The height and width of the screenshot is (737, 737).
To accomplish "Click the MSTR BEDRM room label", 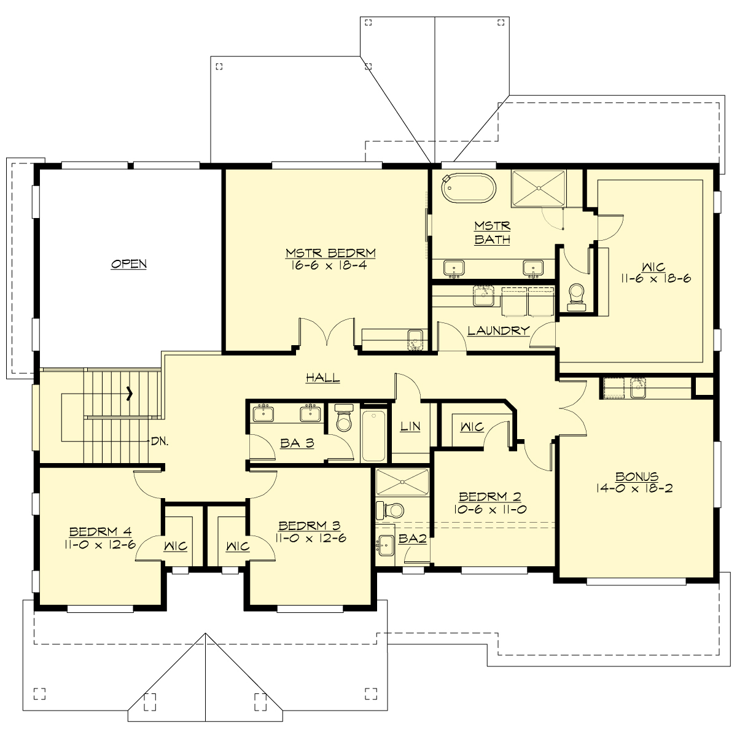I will click(330, 253).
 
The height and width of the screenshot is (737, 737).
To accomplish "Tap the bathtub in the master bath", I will click(469, 187).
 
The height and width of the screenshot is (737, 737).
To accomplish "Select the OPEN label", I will click(129, 264).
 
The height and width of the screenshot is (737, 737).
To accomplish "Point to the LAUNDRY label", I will click(498, 330).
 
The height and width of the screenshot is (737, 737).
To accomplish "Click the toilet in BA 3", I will click(343, 419).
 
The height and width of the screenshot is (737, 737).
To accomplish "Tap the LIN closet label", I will click(410, 426).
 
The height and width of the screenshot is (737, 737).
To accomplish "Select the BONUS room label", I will click(637, 477).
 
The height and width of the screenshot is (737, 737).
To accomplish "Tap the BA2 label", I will click(412, 539).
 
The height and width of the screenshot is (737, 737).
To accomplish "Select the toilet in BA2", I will click(391, 510).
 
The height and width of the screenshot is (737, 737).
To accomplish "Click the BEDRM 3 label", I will click(310, 526).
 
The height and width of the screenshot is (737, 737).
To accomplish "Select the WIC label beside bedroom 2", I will click(472, 427).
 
